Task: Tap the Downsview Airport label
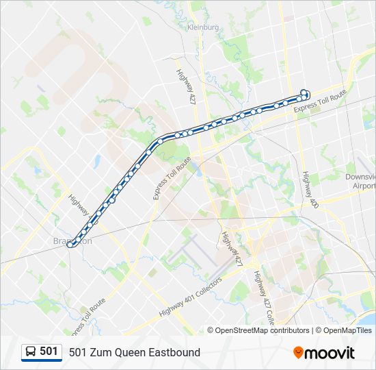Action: click(x=361, y=181)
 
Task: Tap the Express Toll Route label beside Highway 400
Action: click(x=321, y=102)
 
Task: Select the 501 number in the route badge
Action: click(x=49, y=351)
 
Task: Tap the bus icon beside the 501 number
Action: click(x=31, y=352)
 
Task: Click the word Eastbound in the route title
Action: click(x=175, y=352)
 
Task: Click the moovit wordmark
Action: click(x=330, y=353)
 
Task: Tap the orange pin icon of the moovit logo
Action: click(x=298, y=353)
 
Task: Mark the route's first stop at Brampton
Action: click(x=70, y=245)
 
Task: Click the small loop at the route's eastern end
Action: click(x=305, y=93)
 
